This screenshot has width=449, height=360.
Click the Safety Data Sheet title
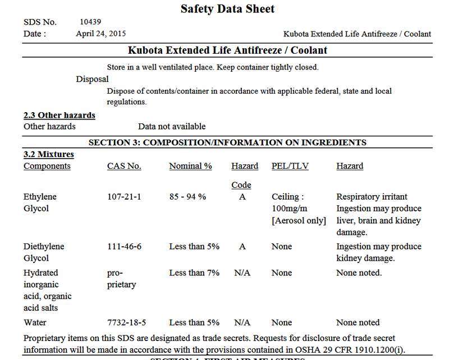[227, 8]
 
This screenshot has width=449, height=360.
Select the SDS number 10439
[90, 22]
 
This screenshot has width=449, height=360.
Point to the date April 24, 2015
[101, 34]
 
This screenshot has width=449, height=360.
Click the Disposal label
[92, 79]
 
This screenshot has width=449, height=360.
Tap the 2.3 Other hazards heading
[59, 115]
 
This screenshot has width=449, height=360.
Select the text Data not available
[172, 126]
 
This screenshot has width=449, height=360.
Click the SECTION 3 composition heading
[227, 142]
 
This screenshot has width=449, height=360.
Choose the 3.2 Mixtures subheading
[49, 154]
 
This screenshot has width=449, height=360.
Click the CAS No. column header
[124, 166]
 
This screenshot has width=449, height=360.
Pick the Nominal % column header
[190, 166]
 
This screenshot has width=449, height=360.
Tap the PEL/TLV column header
[290, 166]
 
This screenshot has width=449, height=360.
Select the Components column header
[47, 166]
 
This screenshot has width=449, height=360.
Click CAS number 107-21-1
[124, 197]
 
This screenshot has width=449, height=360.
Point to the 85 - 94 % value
[187, 197]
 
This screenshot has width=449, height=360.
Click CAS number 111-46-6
[124, 246]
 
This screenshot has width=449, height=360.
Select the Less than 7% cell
[194, 273]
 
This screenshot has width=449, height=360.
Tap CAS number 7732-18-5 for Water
[127, 322]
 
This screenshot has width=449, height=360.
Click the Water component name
[35, 322]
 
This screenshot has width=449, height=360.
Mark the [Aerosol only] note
[299, 220]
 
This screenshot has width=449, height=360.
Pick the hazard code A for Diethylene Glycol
[242, 246]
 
